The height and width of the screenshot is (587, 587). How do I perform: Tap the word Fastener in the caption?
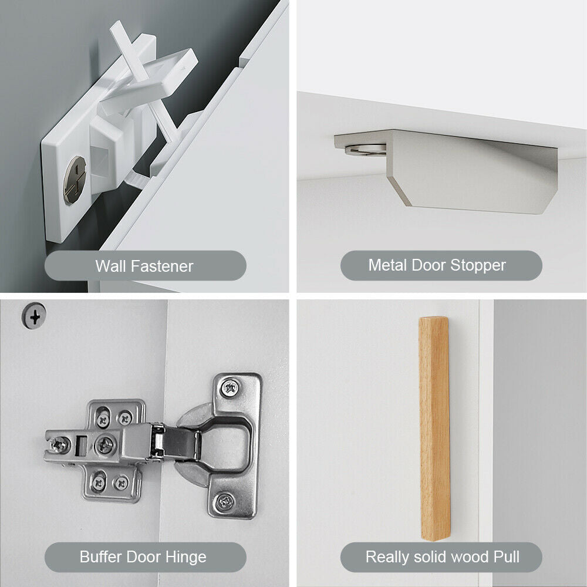pos(162,266)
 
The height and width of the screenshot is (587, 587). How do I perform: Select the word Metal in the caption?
pos(387,265)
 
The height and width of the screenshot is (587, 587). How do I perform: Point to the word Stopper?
pos(478,265)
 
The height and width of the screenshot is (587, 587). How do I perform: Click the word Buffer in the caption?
pos(101,556)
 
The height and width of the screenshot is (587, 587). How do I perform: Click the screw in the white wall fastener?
pos(75,180)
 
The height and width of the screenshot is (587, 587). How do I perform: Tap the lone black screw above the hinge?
pos(34,316)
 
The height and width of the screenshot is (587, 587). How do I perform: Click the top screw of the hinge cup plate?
pos(230,388)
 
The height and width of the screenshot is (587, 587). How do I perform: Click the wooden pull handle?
pos(434,429)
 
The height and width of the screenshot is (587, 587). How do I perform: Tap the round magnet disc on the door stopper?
pos(365,149)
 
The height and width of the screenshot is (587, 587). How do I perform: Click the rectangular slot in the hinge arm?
pos(81,446)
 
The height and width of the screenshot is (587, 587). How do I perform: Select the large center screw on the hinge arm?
pos(105,445)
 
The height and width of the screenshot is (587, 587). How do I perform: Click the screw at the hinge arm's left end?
pos(59,445)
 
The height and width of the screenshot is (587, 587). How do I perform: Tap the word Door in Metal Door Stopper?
pos(429,265)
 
